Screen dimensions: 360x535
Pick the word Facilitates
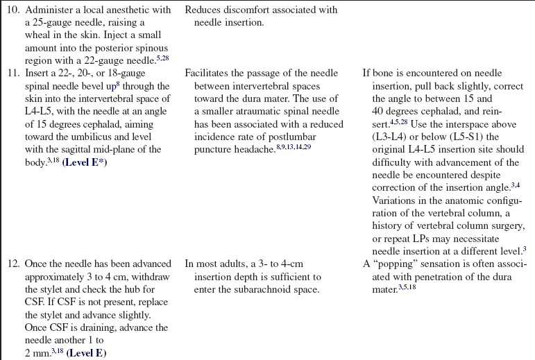click(x=208, y=74)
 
